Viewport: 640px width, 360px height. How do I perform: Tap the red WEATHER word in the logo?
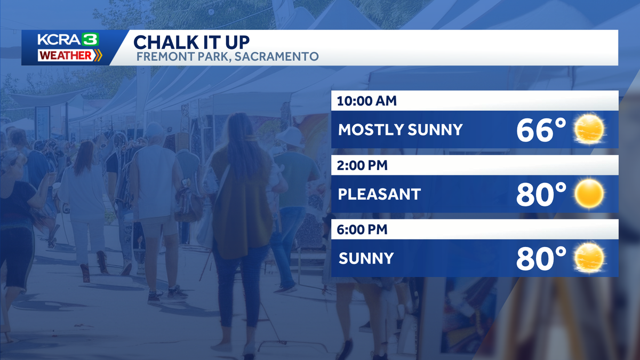66,55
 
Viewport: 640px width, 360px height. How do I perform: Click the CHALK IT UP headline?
191,42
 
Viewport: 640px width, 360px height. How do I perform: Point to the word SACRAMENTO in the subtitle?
276,57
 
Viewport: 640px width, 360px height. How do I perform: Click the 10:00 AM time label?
366,101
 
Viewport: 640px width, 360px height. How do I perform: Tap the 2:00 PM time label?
362,165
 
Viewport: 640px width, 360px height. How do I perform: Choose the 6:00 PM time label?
362,230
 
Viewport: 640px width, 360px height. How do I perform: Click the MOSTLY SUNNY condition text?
400,130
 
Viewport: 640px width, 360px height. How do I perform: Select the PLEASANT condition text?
379,194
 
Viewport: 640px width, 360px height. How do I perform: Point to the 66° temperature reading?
541,130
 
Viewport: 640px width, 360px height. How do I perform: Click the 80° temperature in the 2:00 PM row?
541,194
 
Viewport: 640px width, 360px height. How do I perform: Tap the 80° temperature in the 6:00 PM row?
541,259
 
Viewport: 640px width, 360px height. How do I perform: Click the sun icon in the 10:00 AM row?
589,129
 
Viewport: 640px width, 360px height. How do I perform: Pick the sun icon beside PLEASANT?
589,194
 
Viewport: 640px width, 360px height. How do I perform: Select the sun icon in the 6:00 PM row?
589,258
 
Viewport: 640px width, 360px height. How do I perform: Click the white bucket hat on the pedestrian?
289,137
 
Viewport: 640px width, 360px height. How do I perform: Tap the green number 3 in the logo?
90,39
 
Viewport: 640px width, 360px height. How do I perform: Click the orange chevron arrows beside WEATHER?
98,55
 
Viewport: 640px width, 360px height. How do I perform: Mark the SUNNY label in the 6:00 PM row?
366,259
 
